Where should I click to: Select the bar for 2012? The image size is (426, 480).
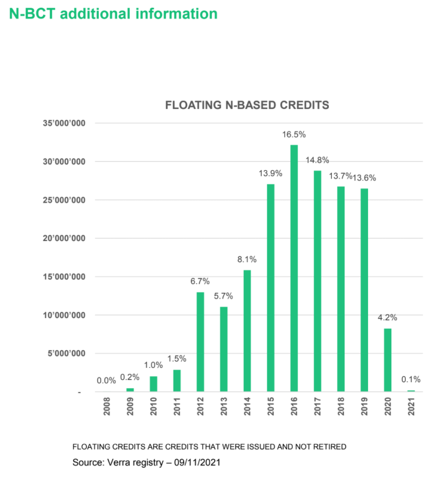[x=200, y=342]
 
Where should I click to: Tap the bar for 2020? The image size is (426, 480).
[x=388, y=360]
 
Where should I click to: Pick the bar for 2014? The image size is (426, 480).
[x=247, y=331]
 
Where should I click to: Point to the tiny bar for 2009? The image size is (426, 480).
[x=130, y=389]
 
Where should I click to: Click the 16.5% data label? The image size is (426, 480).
[x=294, y=134]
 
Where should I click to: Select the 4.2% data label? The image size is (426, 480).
[x=387, y=318]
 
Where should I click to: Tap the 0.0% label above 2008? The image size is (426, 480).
[x=106, y=381]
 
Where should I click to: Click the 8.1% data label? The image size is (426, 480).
[x=247, y=259]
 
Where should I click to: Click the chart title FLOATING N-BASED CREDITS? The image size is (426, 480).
[x=247, y=105]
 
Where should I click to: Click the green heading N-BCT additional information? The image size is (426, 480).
[x=113, y=13]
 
